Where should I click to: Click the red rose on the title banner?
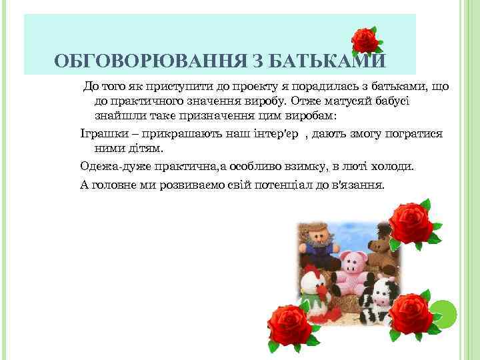[365, 41]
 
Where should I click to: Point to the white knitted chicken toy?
[315, 287]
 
